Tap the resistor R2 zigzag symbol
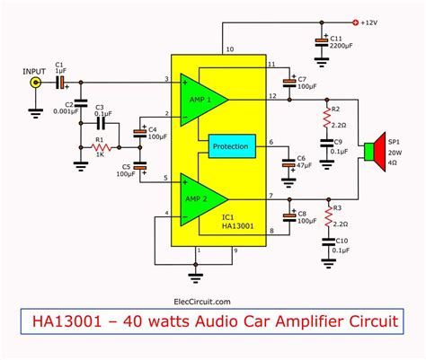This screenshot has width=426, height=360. pyautogui.click(x=324, y=115)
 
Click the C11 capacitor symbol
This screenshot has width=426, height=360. pyautogui.click(x=322, y=41)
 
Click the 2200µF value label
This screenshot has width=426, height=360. pyautogui.click(x=343, y=47)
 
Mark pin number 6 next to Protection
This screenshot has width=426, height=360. pyautogui.click(x=270, y=142)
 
